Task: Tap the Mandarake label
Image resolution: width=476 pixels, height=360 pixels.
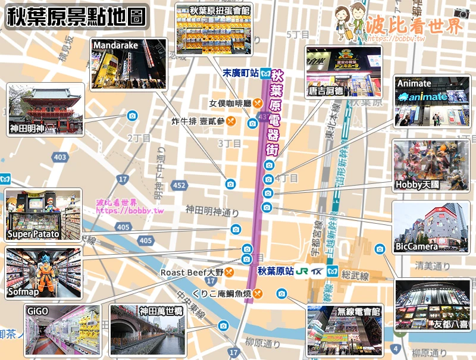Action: click(x=115, y=45)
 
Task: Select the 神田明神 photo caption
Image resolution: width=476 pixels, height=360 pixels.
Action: click(x=27, y=128)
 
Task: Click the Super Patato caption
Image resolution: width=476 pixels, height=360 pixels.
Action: click(x=33, y=234)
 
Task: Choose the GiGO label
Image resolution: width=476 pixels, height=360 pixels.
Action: click(x=37, y=311)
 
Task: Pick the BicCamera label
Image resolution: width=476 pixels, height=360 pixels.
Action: click(x=416, y=246)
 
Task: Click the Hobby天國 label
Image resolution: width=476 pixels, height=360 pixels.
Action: click(x=417, y=185)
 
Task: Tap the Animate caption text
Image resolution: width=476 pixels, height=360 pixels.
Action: click(x=414, y=84)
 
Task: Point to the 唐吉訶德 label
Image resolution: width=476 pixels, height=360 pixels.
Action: click(x=325, y=91)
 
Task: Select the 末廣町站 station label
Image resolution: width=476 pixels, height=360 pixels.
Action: click(x=240, y=74)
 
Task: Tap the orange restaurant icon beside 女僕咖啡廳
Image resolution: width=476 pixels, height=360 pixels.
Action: click(x=258, y=103)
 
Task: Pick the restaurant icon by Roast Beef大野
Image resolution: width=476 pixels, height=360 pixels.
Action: click(x=228, y=273)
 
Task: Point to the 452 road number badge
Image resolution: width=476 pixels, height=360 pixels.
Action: click(x=179, y=186)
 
